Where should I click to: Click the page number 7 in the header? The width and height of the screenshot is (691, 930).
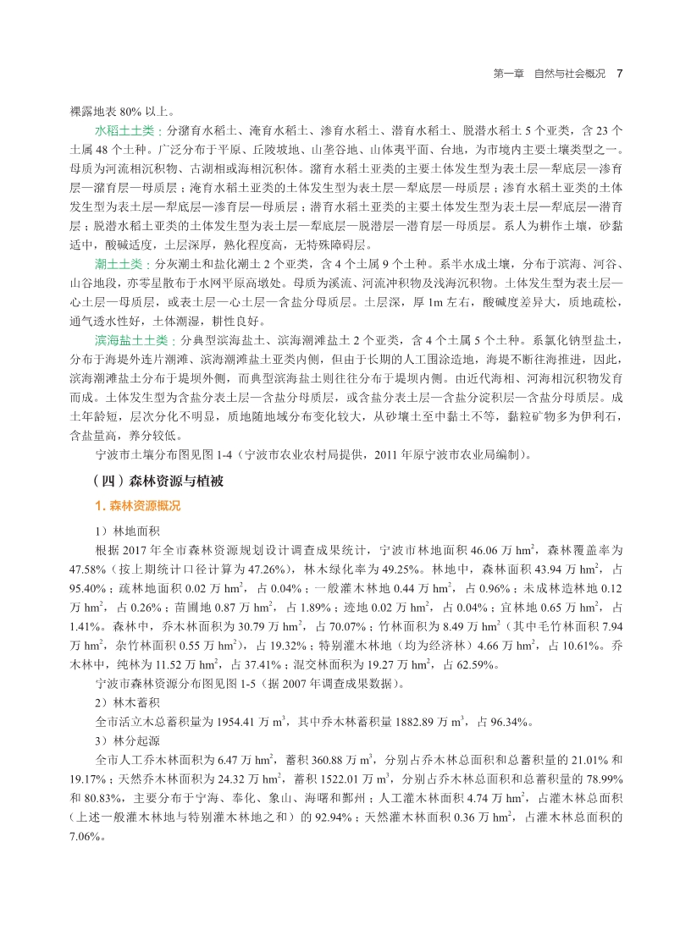point(619,74)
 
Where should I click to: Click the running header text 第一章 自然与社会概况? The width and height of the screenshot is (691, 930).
point(549,74)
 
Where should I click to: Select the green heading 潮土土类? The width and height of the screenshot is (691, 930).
point(118,264)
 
